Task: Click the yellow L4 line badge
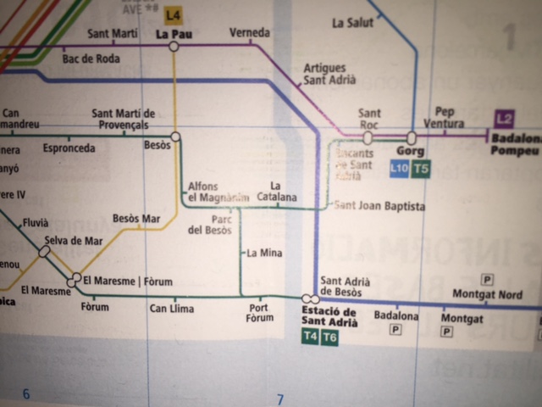point(174,14)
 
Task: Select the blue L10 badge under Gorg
point(399,168)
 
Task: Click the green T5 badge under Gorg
point(421,168)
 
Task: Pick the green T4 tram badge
point(310,337)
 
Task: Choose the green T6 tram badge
point(329,337)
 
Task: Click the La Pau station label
point(173,34)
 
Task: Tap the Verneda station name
point(250,33)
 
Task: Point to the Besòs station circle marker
point(175,136)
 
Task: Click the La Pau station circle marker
point(174,47)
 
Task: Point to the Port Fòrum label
point(260,312)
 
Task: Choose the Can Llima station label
point(171,308)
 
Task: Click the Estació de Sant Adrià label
point(329,316)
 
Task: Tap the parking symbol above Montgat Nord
point(488,279)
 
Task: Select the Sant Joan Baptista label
point(379,206)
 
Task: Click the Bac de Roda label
point(91,59)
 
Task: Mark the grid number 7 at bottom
point(280,399)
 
